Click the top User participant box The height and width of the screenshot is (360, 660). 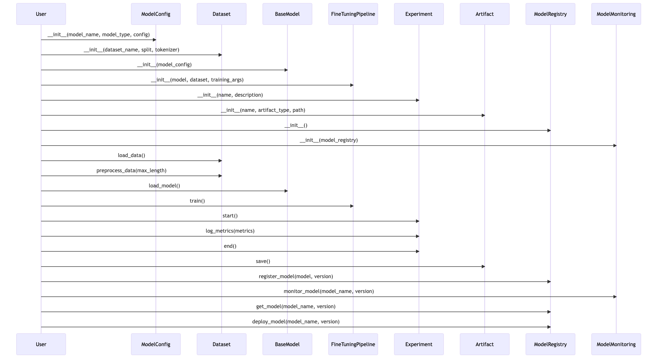tap(41, 14)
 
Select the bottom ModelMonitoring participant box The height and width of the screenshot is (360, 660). tap(616, 344)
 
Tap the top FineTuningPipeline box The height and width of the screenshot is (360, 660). tap(353, 14)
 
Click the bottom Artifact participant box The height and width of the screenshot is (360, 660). tap(484, 344)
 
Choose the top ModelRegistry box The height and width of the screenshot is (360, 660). tap(550, 14)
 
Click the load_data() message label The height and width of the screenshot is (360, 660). tap(131, 155)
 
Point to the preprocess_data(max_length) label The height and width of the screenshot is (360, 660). tap(131, 171)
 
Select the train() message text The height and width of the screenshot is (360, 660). tap(197, 201)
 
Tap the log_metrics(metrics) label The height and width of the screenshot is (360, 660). tap(230, 231)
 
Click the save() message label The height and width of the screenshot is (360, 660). tap(263, 261)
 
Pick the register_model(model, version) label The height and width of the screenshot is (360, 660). tap(296, 277)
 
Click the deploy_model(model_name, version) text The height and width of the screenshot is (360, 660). tap(296, 322)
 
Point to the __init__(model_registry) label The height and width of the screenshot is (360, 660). tap(329, 140)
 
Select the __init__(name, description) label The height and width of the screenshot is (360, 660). tap(230, 95)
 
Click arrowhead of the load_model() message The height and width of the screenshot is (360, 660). tap(286, 191)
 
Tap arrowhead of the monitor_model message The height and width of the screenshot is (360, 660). tap(614, 297)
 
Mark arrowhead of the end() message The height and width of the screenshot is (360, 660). tap(417, 251)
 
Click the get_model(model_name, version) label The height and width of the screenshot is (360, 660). tap(296, 307)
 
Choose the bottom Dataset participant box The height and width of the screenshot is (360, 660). tap(222, 344)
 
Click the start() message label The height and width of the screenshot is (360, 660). tap(230, 216)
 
